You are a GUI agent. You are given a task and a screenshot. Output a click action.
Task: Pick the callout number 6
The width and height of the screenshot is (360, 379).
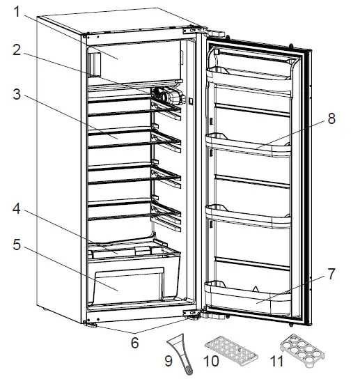coord(134,342)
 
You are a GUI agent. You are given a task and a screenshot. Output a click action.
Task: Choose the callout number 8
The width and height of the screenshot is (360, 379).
coord(331,118)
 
